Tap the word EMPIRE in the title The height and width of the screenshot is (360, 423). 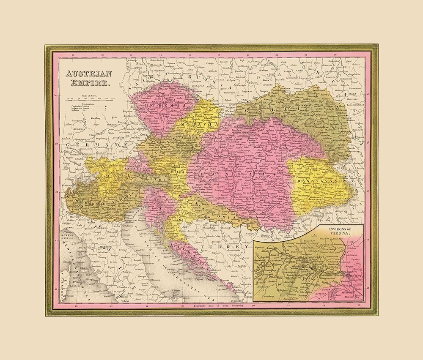pyautogui.click(x=88, y=84)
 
